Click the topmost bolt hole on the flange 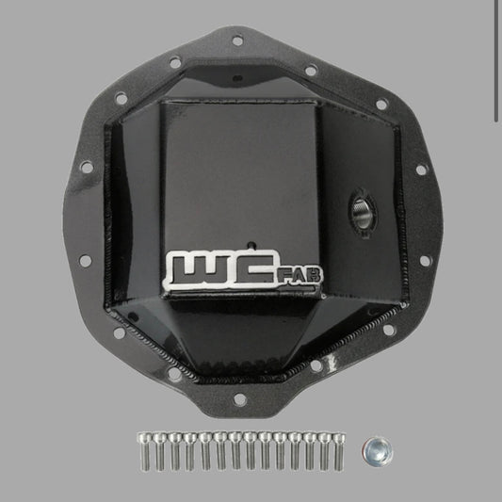pos(237,40)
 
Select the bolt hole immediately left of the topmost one pos(175,62)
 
